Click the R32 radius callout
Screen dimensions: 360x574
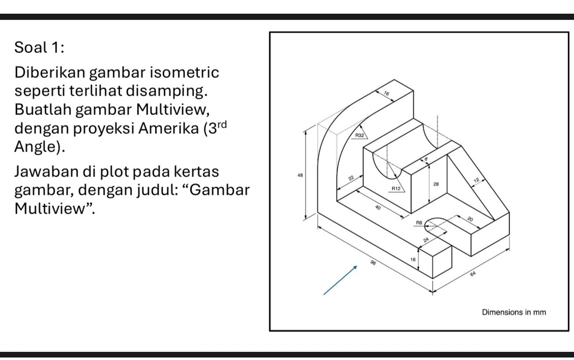359,136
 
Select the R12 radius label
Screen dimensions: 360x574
396,188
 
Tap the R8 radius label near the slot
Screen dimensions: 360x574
419,223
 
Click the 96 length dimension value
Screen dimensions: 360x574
374,263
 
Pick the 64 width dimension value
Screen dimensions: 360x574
473,274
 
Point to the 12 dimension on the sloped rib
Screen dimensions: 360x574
476,181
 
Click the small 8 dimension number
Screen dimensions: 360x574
426,160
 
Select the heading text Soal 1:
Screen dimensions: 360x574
39,48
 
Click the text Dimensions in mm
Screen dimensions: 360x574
513,312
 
